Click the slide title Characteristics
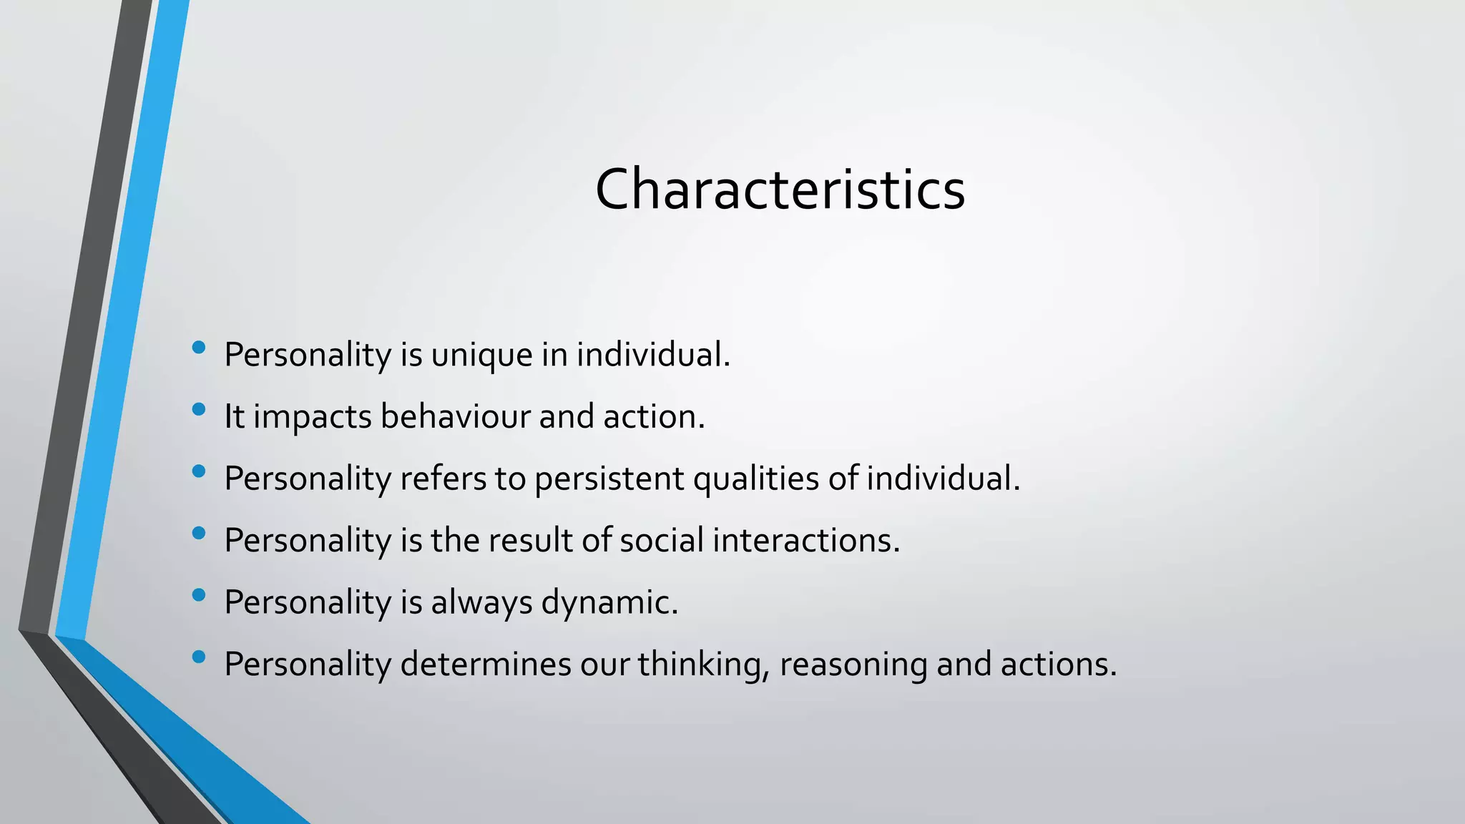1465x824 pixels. coord(780,190)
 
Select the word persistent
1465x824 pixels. coord(609,479)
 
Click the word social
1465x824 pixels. coord(662,540)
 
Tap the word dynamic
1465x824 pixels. coord(609,603)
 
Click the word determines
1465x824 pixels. coord(485,664)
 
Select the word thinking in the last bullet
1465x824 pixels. coord(702,665)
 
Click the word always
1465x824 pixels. coord(481,603)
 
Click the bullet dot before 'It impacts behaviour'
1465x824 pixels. coord(199,409)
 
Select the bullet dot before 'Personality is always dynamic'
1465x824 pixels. coord(199,594)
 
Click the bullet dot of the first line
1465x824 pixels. coord(199,348)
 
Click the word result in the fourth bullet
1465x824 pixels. coord(529,540)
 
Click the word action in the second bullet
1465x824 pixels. coord(652,417)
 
